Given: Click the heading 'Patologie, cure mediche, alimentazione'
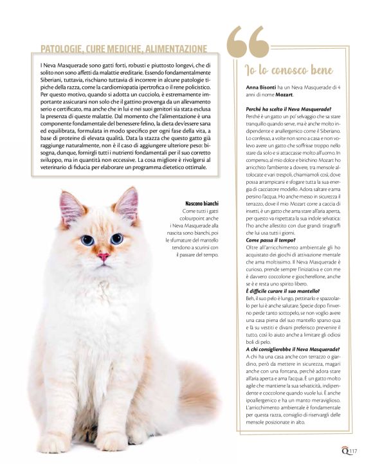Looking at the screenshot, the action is point(123,49).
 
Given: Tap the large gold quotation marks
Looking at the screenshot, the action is point(248,42).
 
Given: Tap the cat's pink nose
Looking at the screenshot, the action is point(103,257).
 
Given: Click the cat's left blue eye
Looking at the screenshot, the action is point(87,240).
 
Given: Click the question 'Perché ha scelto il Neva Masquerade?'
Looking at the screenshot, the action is point(288,110).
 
